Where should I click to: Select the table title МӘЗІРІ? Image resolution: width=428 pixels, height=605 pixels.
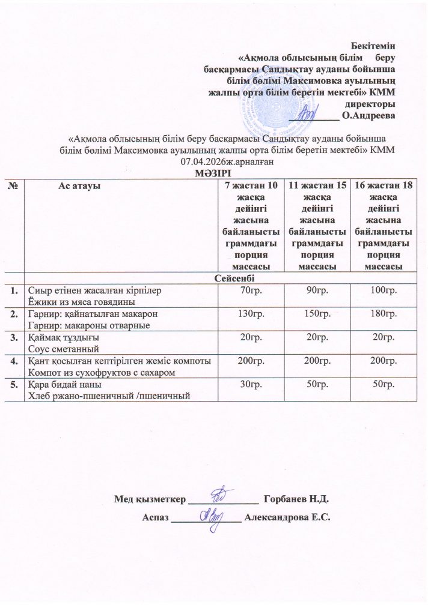point(213,173)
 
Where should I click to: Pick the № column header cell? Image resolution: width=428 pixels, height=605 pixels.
point(13,185)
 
